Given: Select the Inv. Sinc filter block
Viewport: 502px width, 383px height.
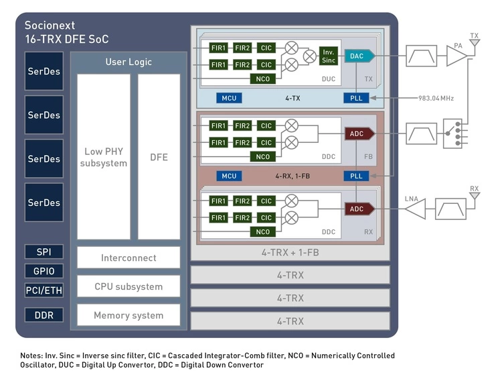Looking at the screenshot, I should coord(328,56).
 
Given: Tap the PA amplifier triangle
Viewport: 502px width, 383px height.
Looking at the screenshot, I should coord(456,56).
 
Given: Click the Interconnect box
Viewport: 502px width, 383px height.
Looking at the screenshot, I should coord(129,258).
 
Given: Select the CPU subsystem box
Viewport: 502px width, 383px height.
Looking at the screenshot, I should coord(129,286).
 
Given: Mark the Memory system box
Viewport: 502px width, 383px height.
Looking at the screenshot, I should coord(129,315).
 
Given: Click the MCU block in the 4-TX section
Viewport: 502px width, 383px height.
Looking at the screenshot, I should coord(230,98).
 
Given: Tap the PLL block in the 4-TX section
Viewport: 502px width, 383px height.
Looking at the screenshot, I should coord(356,98).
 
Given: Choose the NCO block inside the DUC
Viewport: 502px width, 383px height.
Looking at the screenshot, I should coord(263,78).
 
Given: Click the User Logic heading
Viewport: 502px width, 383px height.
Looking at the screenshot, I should coord(129,62).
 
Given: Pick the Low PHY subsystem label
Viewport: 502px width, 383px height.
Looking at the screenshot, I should coord(104,157).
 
